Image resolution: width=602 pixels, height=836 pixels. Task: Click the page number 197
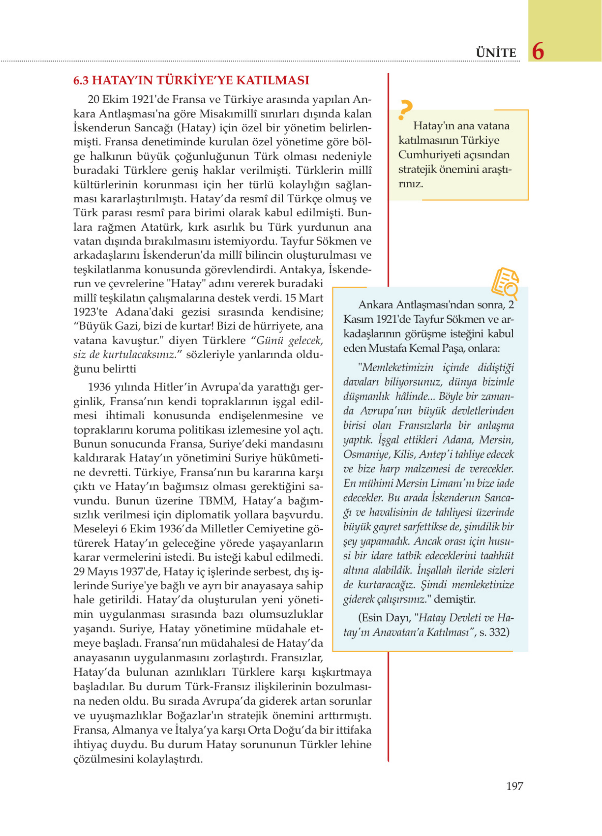(514, 786)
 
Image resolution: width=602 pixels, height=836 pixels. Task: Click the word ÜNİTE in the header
(496, 53)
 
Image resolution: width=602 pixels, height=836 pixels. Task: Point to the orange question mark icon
(405, 110)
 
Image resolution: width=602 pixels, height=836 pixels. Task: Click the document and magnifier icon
(505, 283)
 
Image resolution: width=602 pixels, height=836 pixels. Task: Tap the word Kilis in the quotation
(404, 454)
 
